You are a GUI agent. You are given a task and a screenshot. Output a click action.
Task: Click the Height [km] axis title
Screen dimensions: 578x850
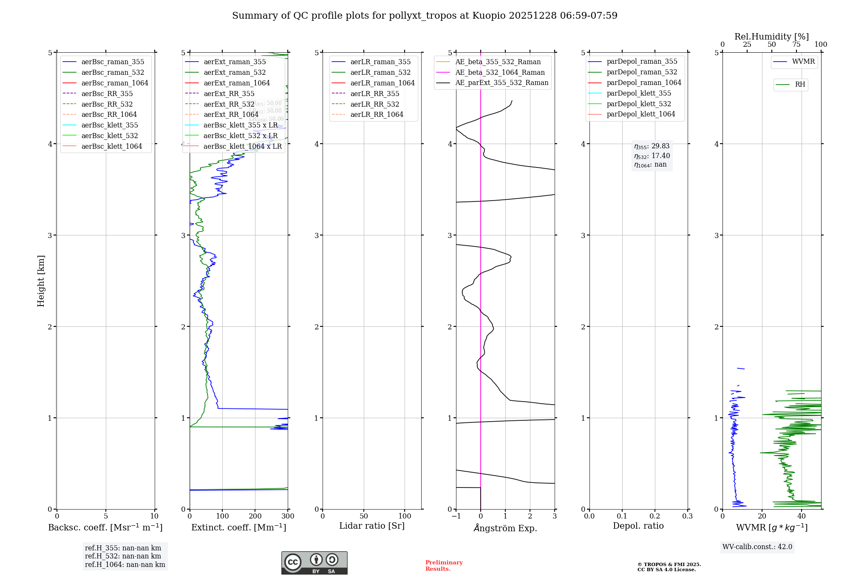(41, 281)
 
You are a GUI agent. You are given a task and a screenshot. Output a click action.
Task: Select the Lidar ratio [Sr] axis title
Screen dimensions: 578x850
(372, 526)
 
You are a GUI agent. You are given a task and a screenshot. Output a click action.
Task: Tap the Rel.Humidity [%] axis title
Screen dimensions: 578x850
(771, 37)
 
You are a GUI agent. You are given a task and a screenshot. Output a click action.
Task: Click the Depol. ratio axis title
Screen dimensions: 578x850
(638, 526)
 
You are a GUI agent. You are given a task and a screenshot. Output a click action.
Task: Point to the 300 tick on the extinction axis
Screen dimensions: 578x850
(288, 516)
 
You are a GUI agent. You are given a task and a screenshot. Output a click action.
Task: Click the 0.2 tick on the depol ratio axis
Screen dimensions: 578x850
(655, 516)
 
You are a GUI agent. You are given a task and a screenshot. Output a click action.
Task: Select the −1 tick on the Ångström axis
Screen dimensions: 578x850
(456, 516)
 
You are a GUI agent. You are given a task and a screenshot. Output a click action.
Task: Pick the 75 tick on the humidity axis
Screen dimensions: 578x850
(796, 45)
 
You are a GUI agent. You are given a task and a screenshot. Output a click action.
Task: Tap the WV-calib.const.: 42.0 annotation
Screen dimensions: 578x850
(757, 547)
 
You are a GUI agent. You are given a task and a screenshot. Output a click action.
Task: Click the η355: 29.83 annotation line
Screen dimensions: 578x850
(652, 146)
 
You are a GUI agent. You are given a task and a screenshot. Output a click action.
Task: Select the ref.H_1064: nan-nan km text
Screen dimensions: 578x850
(125, 565)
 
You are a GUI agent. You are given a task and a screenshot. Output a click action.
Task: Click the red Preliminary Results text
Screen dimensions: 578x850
(444, 566)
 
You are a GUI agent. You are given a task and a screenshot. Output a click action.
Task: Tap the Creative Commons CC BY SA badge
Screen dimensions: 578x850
(314, 563)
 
